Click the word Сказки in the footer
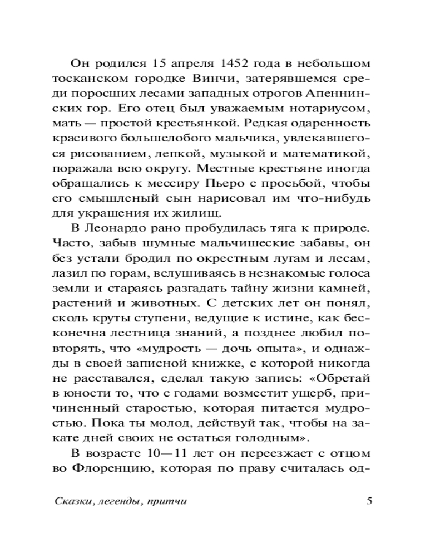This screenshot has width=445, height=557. click(x=73, y=501)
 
